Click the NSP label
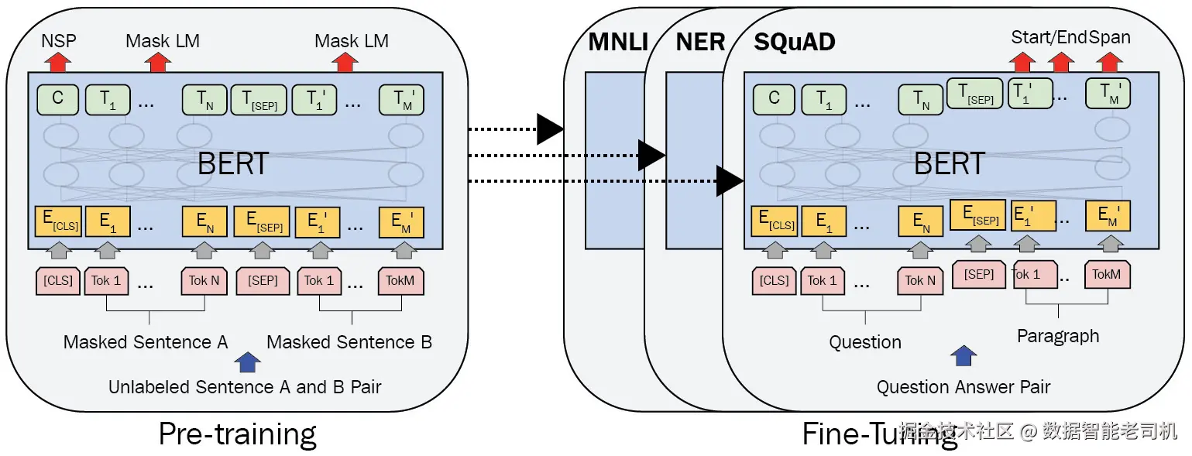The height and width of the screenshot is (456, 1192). pos(59,40)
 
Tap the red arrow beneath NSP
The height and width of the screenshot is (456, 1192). pos(59,62)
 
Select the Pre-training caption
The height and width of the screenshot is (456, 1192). pos(237,434)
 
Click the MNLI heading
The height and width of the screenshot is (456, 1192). pos(618,42)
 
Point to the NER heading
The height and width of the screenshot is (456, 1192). pos(700,42)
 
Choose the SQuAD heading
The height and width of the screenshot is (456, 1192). pos(795,42)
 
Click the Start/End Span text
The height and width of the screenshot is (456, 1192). pos(1070,37)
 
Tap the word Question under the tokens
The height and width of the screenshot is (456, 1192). pos(865,341)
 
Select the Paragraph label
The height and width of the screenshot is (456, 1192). pos(1058,336)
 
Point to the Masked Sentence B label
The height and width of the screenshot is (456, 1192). pos(349,341)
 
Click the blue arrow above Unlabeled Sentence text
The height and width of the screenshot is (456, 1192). pos(247,362)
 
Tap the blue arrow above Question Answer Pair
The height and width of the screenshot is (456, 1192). pos(964,355)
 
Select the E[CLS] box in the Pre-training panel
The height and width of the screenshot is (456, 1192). pos(57,221)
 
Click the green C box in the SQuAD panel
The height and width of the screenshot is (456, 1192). pos(774,99)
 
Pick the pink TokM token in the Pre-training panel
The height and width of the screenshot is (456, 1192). pos(401,280)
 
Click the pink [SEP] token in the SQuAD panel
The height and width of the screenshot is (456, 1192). pos(979,275)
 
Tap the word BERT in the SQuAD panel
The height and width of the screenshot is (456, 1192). pos(950,163)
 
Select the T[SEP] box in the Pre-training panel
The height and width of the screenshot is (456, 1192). pos(259,99)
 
